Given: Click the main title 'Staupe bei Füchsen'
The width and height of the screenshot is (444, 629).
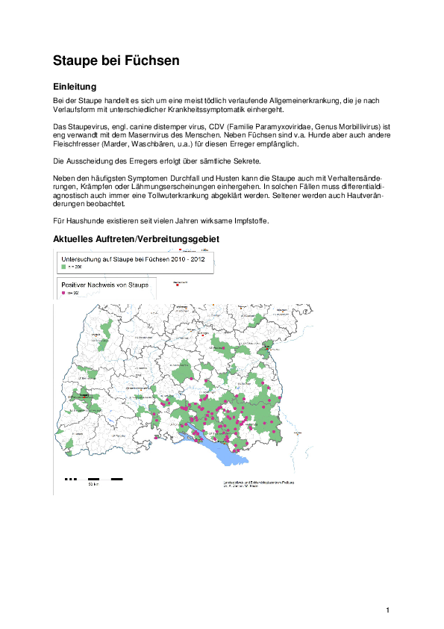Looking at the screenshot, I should click(x=116, y=61).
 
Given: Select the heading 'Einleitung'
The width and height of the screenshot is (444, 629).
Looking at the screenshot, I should click(x=75, y=87).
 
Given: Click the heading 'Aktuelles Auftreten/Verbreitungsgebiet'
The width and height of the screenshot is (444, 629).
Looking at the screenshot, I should click(x=137, y=239).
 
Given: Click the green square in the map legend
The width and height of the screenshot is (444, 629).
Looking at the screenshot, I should click(x=63, y=266).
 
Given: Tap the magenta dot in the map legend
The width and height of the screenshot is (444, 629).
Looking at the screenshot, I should click(x=63, y=294).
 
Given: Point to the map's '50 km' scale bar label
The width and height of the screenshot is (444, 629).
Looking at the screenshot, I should click(x=93, y=485).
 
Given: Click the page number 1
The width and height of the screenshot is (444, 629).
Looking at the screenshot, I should click(x=388, y=611).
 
